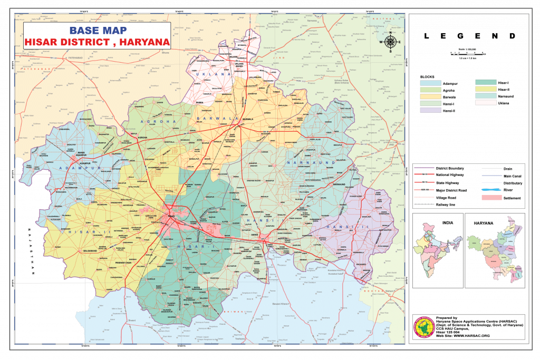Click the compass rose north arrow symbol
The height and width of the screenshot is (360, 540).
tap(391, 42)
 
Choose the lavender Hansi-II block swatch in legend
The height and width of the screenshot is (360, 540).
tap(430, 111)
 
